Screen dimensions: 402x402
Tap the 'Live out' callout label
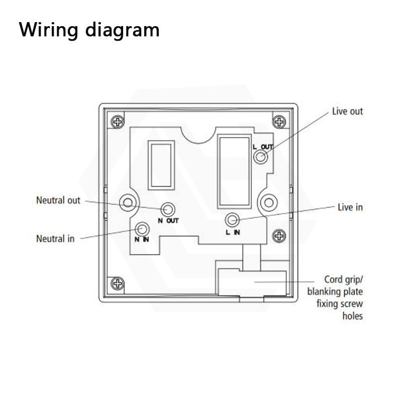click(347, 111)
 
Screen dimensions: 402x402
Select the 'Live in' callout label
click(350, 207)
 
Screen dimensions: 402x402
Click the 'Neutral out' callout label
click(58, 200)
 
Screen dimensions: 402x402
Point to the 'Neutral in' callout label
click(55, 238)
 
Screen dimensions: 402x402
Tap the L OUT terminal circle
click(261, 158)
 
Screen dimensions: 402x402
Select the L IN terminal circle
click(232, 220)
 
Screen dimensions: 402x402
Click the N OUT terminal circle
click(168, 209)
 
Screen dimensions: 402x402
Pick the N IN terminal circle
click(143, 229)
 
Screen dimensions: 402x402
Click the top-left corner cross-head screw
click(118, 122)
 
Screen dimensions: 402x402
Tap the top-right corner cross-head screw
click(278, 122)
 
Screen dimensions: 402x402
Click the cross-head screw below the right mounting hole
click(278, 235)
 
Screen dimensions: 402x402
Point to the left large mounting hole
click(128, 203)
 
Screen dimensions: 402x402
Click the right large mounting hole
click(268, 203)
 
